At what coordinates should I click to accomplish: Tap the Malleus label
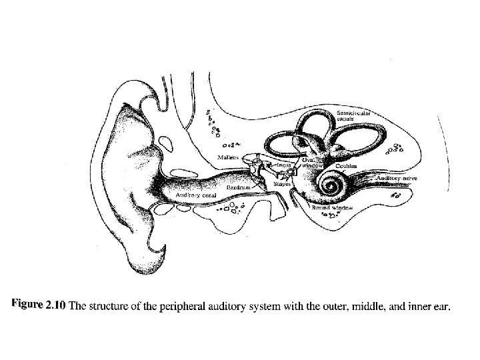pos(229,157)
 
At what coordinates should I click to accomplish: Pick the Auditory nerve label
pos(397,179)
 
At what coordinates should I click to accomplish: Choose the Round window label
pos(333,208)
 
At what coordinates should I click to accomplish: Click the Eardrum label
pos(238,189)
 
